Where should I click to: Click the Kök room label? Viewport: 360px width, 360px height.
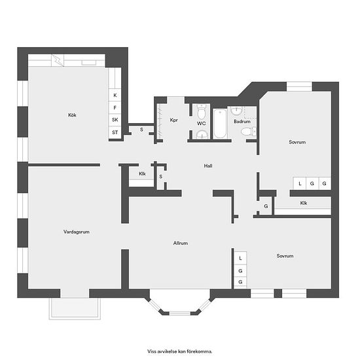pyautogui.click(x=72, y=115)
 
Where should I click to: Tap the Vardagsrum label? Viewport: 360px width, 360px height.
pyautogui.click(x=77, y=232)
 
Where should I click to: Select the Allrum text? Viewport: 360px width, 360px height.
pyautogui.click(x=181, y=243)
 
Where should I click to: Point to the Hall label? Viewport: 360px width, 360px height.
pyautogui.click(x=208, y=166)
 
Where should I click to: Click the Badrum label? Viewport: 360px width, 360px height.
pyautogui.click(x=242, y=122)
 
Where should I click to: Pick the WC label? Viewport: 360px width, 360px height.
pyautogui.click(x=202, y=124)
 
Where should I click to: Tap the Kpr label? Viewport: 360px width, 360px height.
pyautogui.click(x=174, y=120)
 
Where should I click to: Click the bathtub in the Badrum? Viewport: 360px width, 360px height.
pyautogui.click(x=220, y=124)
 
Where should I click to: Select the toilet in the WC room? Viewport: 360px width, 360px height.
pyautogui.click(x=202, y=112)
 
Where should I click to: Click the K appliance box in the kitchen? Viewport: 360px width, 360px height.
pyautogui.click(x=115, y=95)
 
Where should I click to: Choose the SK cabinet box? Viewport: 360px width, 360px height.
pyautogui.click(x=115, y=120)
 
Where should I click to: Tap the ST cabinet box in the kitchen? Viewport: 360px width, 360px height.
pyautogui.click(x=115, y=132)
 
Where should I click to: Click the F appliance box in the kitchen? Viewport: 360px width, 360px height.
pyautogui.click(x=115, y=107)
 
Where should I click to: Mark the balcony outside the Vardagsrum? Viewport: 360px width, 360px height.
pyautogui.click(x=75, y=308)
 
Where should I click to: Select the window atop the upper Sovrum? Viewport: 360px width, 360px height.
pyautogui.click(x=299, y=86)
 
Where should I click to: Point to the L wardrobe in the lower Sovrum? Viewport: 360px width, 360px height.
pyautogui.click(x=240, y=258)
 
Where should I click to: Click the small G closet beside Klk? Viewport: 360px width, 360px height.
pyautogui.click(x=266, y=206)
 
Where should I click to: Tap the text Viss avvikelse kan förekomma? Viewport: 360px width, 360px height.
pyautogui.click(x=180, y=351)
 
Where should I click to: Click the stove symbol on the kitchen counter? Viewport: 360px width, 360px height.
pyautogui.click(x=58, y=60)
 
